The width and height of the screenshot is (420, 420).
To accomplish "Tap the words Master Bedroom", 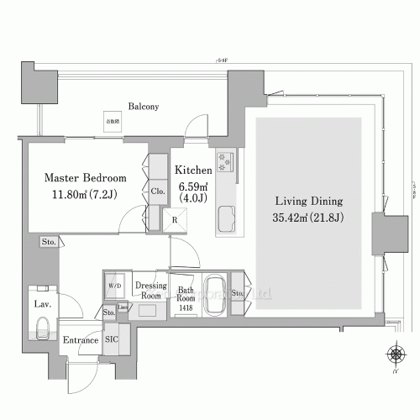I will (85, 178).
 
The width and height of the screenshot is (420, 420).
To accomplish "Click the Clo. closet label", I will (157, 192).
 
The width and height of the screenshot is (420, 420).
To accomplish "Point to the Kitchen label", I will (192, 170).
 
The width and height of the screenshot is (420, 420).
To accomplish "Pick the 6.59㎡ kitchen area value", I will (192, 186).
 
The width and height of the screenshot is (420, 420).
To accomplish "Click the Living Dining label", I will (310, 202).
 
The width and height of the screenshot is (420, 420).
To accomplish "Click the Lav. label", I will (42, 304).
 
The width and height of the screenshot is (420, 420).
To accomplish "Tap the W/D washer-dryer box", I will (113, 285).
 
